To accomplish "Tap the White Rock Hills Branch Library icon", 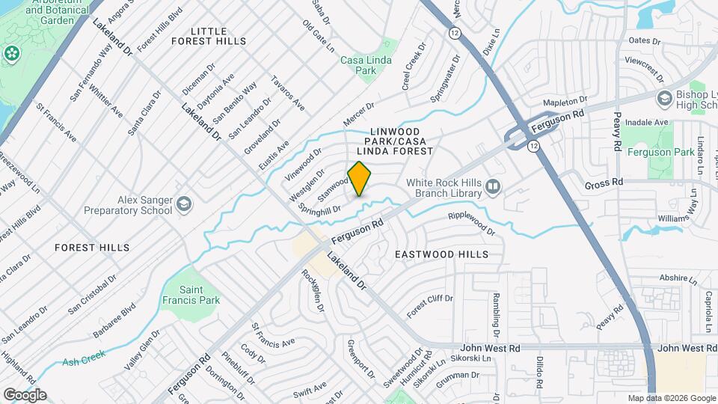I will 492,187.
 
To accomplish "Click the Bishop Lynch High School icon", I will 663,99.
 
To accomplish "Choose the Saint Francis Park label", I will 200,294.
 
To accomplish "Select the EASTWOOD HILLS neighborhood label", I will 442,254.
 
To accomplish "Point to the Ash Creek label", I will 81,361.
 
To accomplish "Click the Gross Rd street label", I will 604,183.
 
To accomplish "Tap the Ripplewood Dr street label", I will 471,223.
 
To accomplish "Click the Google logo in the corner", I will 25,394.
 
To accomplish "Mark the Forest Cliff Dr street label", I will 430,305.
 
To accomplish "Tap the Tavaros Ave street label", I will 288,94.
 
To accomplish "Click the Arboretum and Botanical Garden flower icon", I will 11,53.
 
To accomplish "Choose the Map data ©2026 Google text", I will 671,398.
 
